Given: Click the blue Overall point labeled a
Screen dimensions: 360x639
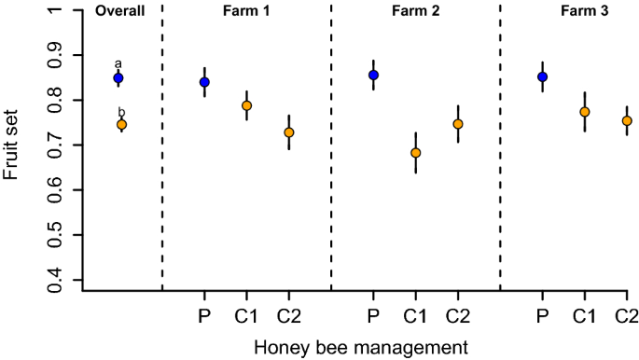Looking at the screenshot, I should point(118,77).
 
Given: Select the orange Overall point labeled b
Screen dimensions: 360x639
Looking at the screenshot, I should point(121,124).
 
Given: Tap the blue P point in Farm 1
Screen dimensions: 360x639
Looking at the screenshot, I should point(204,82).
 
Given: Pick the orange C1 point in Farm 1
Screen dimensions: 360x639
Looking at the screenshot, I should point(247,105).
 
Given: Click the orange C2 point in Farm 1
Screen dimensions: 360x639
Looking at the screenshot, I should point(289,132).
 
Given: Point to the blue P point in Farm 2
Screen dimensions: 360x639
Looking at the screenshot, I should point(374,75).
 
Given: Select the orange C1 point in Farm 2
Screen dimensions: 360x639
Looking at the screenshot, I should point(416,153).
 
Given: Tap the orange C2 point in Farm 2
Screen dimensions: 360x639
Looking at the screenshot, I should point(458,124).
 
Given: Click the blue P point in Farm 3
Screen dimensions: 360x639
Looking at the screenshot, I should point(543,76).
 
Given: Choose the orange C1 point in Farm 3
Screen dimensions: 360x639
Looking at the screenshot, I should point(585,112).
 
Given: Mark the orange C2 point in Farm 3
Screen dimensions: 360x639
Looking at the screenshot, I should point(627,120).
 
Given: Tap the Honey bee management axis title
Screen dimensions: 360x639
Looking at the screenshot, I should point(359,347).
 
